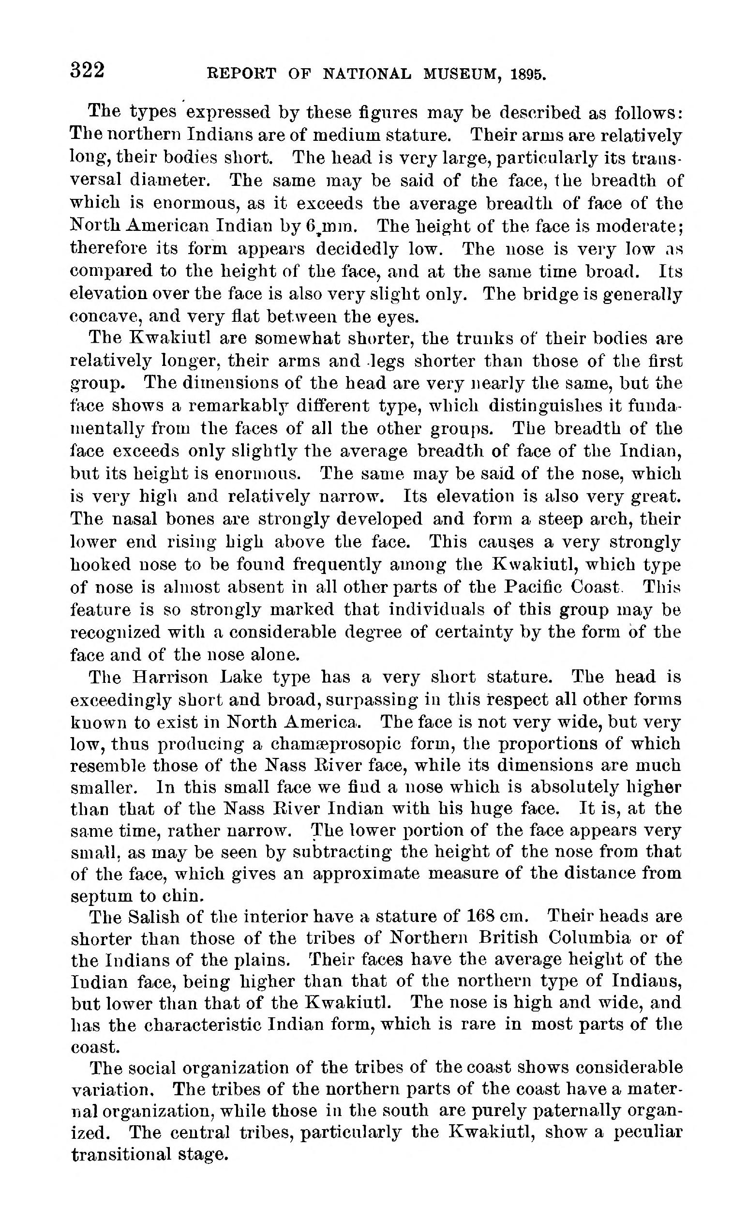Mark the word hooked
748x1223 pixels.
click(x=98, y=564)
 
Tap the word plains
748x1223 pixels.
click(x=262, y=960)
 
